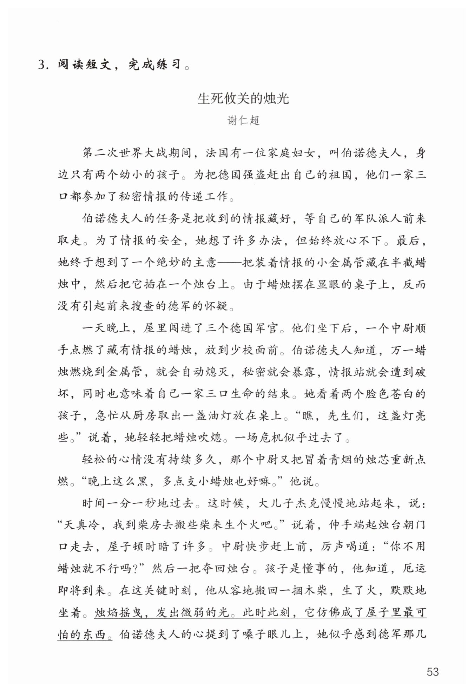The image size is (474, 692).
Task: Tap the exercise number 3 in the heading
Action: [x=42, y=65]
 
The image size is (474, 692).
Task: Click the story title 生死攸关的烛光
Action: [x=243, y=99]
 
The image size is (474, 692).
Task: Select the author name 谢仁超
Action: [x=243, y=121]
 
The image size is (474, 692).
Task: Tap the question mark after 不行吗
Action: [x=142, y=569]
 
